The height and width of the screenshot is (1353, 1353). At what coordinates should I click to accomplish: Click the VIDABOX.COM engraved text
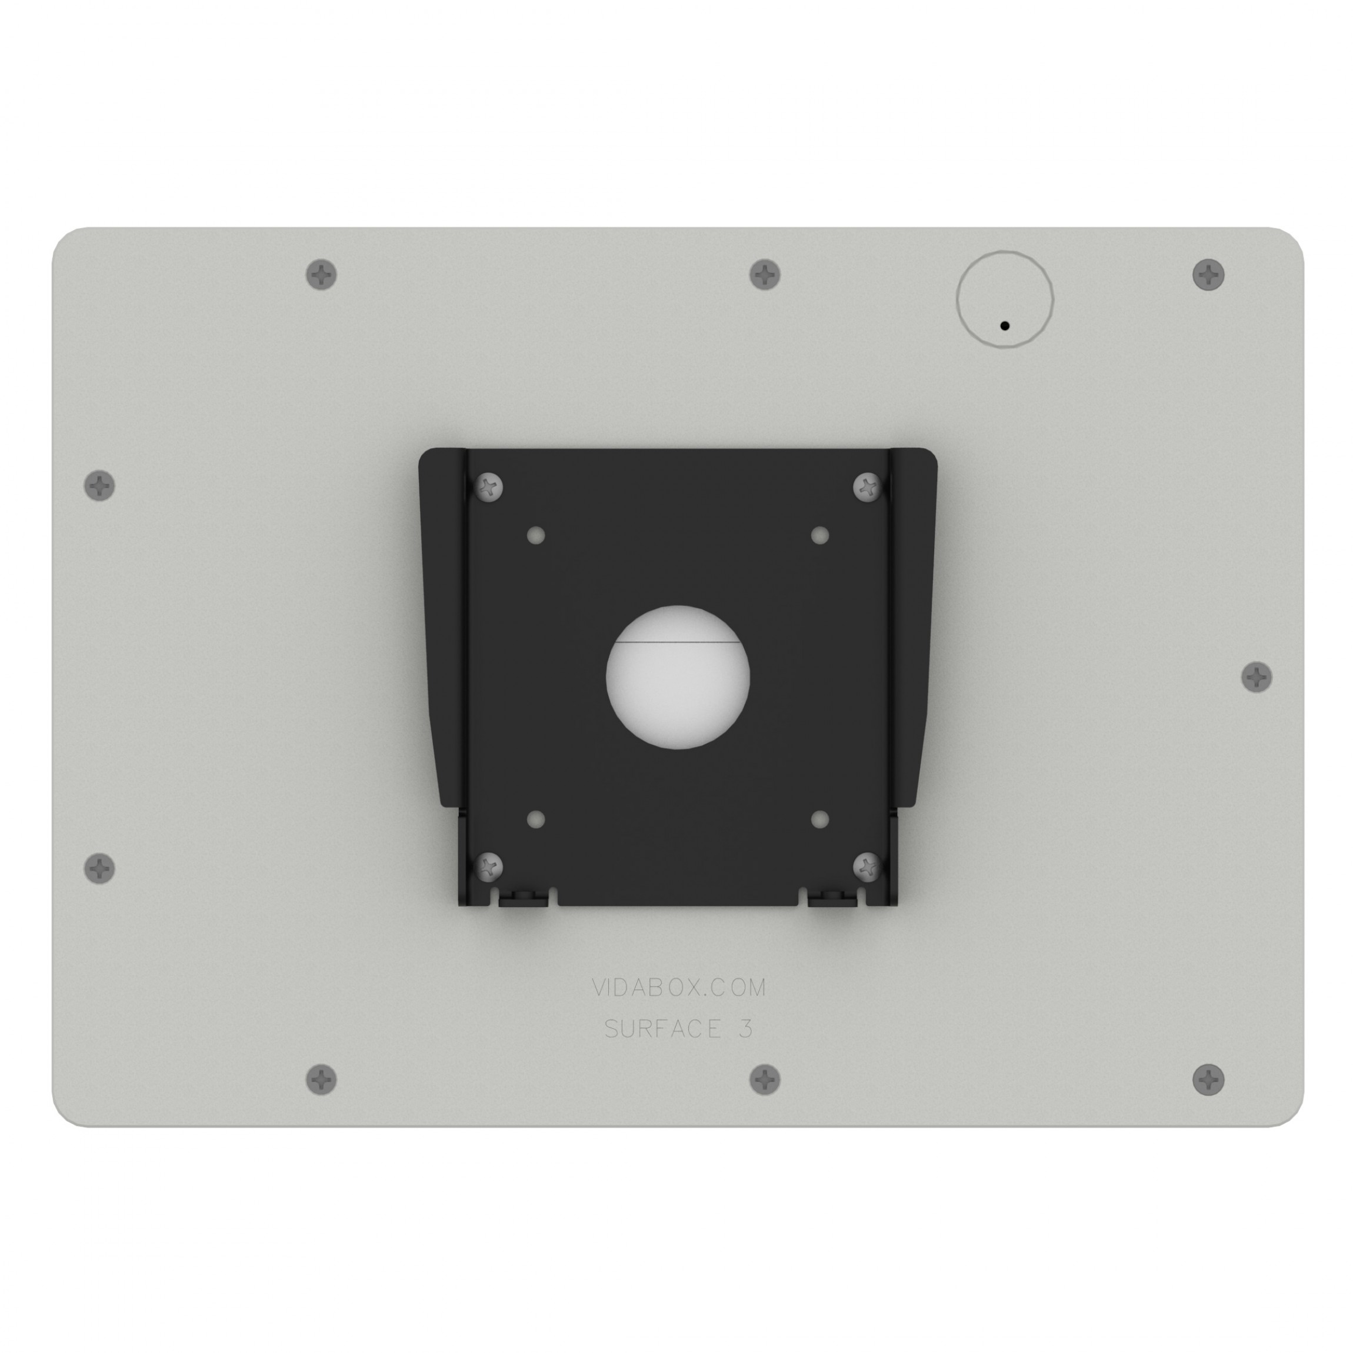[678, 988]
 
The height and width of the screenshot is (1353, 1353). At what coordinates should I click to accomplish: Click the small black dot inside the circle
[1004, 326]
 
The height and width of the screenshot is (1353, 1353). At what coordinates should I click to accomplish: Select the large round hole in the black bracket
[677, 677]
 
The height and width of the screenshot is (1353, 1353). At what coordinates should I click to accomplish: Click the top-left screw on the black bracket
[489, 486]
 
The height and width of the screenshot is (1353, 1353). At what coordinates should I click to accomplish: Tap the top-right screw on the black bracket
[868, 486]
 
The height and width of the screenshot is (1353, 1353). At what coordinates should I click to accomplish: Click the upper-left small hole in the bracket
[536, 536]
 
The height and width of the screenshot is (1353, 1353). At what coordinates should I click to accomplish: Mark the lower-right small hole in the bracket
[820, 819]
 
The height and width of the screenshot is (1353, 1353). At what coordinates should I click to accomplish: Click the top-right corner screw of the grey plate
[1208, 275]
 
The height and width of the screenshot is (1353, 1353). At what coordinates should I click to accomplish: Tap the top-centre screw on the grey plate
[765, 275]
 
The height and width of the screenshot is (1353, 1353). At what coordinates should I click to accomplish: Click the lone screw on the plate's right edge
[1257, 677]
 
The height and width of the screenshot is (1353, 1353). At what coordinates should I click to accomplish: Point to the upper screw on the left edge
[99, 485]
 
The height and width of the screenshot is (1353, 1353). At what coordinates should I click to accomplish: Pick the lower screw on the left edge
[99, 868]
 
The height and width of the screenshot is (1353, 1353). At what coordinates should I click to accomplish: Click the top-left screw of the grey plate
[321, 275]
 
